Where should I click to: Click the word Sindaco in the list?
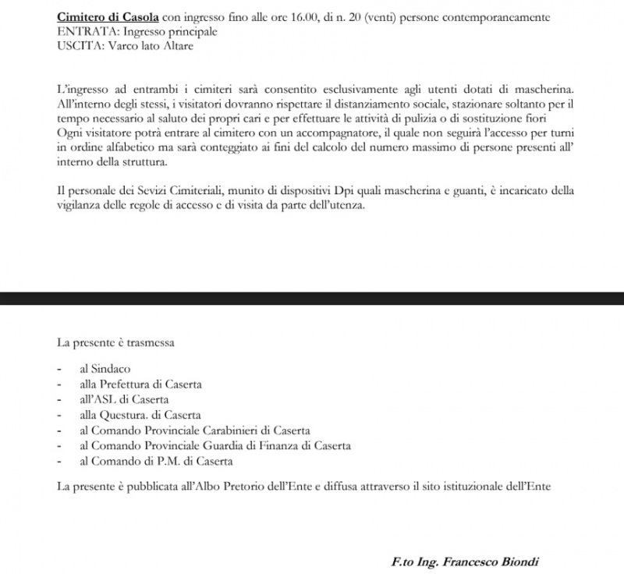click(108, 369)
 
